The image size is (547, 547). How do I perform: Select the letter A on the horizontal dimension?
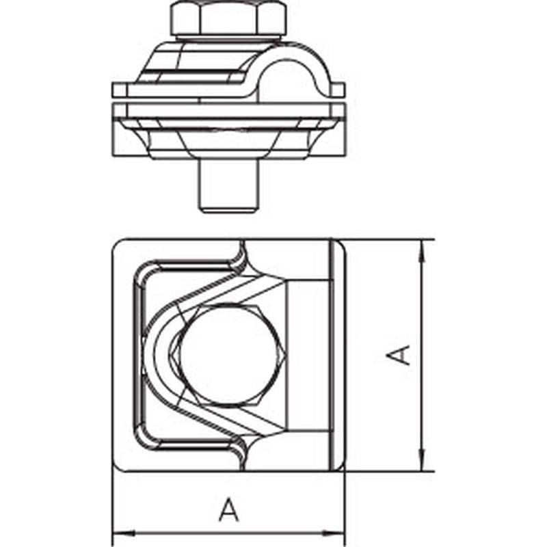coord(229,509)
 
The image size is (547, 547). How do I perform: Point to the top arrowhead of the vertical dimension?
coord(422,250)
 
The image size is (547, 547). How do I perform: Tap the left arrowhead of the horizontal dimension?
coord(123,533)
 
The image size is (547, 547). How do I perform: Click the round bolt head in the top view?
coord(230,355)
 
